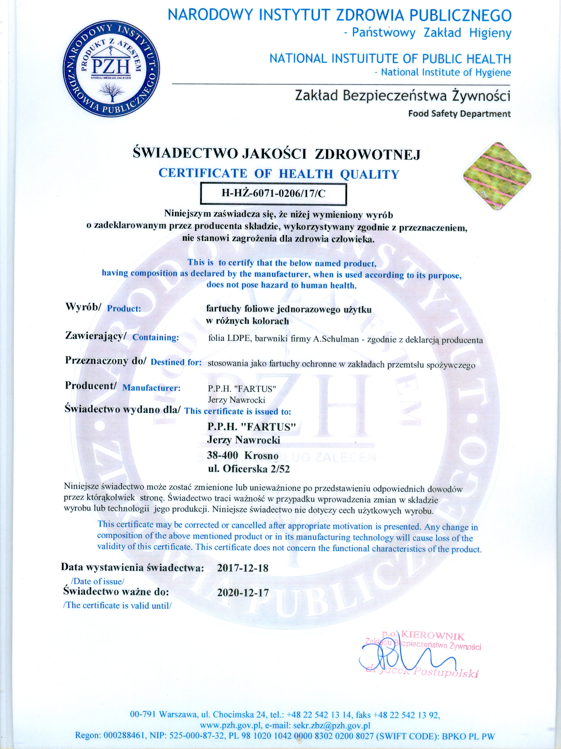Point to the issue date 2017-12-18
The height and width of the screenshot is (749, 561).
click(x=243, y=568)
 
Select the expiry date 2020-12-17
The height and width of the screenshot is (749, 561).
click(x=243, y=593)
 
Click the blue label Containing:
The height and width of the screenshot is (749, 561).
click(x=155, y=337)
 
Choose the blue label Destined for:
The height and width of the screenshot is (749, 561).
click(x=176, y=362)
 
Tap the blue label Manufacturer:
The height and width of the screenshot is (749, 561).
click(x=151, y=388)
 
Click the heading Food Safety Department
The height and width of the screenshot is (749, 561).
click(x=459, y=114)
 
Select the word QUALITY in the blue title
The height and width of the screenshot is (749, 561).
click(x=369, y=174)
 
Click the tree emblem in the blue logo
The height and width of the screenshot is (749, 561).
click(x=111, y=92)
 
